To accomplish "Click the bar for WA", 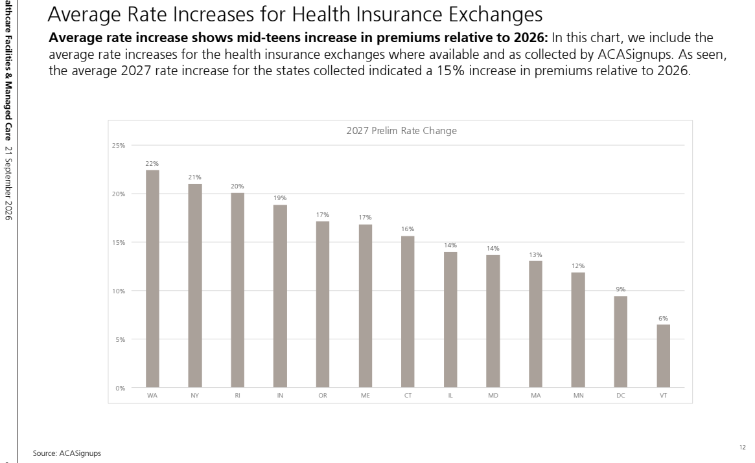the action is coord(152,278).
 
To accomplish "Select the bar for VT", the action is coord(663,356).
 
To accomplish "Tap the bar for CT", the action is coord(408,312).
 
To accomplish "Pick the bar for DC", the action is coord(621,342).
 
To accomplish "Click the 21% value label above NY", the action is coord(194,177).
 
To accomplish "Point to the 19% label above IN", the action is coord(280,198).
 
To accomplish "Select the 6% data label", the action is coord(663,318).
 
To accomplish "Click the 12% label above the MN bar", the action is coord(578,265).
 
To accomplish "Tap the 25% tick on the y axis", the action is coord(119,145).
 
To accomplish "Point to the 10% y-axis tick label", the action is coord(119,291).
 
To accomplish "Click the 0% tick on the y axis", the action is coord(121,388).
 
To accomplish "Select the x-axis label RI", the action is coord(237,395).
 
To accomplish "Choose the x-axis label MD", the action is coord(493,395).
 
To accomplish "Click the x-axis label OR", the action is coord(323,395).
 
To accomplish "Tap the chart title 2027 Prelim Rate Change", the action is coord(402,130).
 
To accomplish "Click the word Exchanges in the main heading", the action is coord(496,14).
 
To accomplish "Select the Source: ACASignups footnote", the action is coord(67,453).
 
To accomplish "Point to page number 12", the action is coord(743,447).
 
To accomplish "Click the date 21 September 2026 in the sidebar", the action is coord(8,183).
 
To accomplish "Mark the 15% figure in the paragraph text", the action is coord(450,71).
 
